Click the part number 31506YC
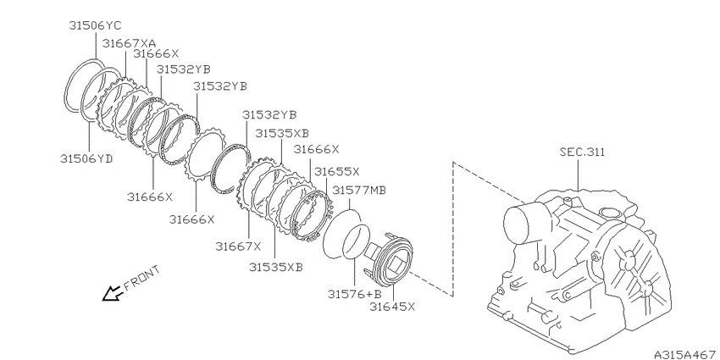pyautogui.click(x=95, y=25)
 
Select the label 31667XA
pyautogui.click(x=129, y=43)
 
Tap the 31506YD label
pyautogui.click(x=86, y=159)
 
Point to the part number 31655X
pyautogui.click(x=337, y=172)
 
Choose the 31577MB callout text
pyautogui.click(x=359, y=190)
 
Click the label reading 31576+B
pyautogui.click(x=354, y=294)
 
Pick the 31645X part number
pyautogui.click(x=392, y=307)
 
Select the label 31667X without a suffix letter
pyautogui.click(x=238, y=246)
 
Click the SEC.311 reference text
pyautogui.click(x=582, y=152)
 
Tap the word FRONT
pyautogui.click(x=142, y=278)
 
